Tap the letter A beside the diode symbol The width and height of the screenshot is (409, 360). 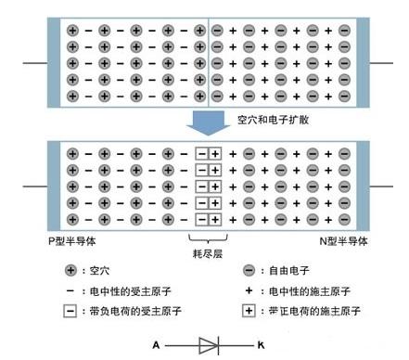pos(157,345)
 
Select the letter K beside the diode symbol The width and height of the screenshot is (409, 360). pos(261,345)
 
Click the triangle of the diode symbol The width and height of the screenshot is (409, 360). pos(208,345)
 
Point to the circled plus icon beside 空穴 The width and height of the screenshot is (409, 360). pos(71,272)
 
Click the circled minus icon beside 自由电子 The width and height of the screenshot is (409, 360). pos(249,272)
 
